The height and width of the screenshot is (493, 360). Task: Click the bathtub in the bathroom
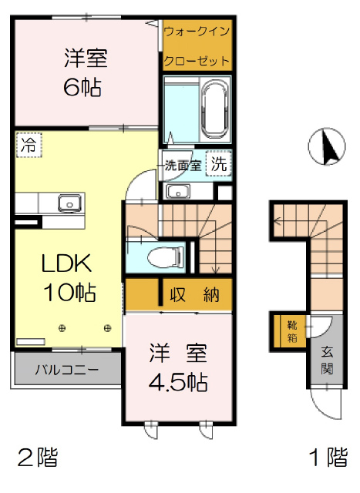point(215,109)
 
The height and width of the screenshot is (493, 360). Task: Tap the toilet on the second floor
point(165,257)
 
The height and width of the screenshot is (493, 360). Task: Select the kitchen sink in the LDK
point(69,203)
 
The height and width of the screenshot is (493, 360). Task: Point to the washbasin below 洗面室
point(178,191)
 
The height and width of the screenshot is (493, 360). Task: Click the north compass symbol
point(326,147)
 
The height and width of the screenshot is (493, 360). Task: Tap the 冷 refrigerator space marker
point(29,146)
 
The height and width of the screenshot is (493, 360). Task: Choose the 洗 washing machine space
point(219,163)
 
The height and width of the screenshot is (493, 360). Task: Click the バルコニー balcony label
point(67,370)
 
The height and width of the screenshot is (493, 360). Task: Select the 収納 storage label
point(194,294)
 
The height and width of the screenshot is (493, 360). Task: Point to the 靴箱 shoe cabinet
point(292,331)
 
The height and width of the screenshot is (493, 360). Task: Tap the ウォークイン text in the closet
point(197,32)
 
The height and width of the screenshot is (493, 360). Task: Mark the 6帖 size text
point(82,87)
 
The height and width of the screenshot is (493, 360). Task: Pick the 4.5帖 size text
point(178,382)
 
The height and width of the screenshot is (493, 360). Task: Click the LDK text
point(67,263)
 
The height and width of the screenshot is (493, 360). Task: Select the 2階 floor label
point(38,458)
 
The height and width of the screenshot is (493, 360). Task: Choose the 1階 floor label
point(328,457)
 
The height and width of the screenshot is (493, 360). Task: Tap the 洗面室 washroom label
point(183,165)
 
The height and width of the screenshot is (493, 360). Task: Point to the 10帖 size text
point(69,293)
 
